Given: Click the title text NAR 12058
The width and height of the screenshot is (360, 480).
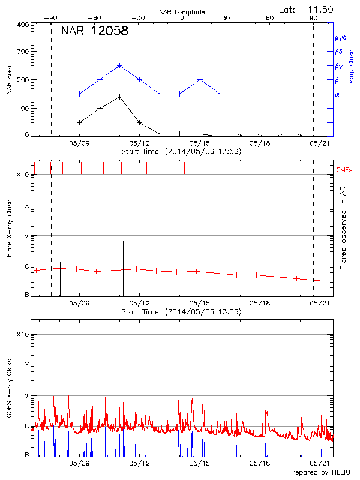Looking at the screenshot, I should click(94, 31).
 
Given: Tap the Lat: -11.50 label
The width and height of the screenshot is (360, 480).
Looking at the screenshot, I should click(307, 9).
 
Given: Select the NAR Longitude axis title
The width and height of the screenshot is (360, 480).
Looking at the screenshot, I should click(182, 11).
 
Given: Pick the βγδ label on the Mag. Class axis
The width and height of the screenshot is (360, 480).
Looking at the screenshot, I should click(341, 37).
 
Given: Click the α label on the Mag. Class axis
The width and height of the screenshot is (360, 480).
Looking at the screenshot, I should click(337, 94).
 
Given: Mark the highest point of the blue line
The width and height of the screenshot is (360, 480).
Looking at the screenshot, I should click(120, 65).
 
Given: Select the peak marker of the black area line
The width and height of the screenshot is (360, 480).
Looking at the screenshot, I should click(120, 97).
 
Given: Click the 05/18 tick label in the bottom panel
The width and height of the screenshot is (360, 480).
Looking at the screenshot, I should click(260, 463).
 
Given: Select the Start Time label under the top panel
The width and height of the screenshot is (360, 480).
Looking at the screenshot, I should click(181, 152).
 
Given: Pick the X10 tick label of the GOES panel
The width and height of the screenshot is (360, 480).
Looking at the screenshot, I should click(22, 334).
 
